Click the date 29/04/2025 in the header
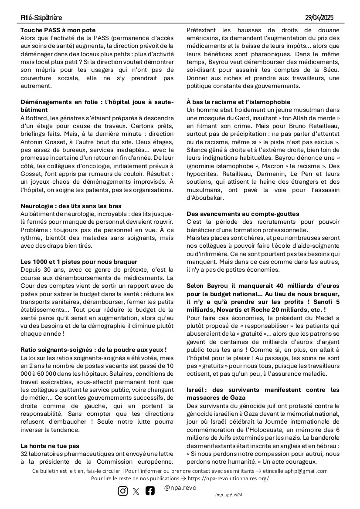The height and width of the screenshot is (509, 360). tap(319, 18)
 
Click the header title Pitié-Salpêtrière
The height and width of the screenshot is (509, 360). tap(41, 18)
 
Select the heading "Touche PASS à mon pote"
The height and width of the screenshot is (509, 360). tap(58, 30)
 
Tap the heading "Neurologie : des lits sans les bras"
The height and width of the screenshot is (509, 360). tap(71, 206)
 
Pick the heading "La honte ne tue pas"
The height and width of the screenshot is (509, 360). tap(50, 446)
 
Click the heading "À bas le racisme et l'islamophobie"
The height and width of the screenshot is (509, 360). tap(238, 102)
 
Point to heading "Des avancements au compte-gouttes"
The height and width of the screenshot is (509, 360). tap(249, 214)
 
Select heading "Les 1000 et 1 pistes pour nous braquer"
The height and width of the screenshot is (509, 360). tap(76, 262)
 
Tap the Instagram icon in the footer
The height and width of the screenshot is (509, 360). tap(123, 491)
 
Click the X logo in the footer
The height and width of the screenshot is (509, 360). tap(136, 491)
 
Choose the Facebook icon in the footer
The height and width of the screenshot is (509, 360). tap(150, 491)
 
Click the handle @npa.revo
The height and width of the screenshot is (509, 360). tap(180, 488)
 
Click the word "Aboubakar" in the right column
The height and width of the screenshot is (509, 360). tap(205, 198)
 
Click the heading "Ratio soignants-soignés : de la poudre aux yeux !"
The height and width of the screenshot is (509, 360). tap(94, 350)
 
